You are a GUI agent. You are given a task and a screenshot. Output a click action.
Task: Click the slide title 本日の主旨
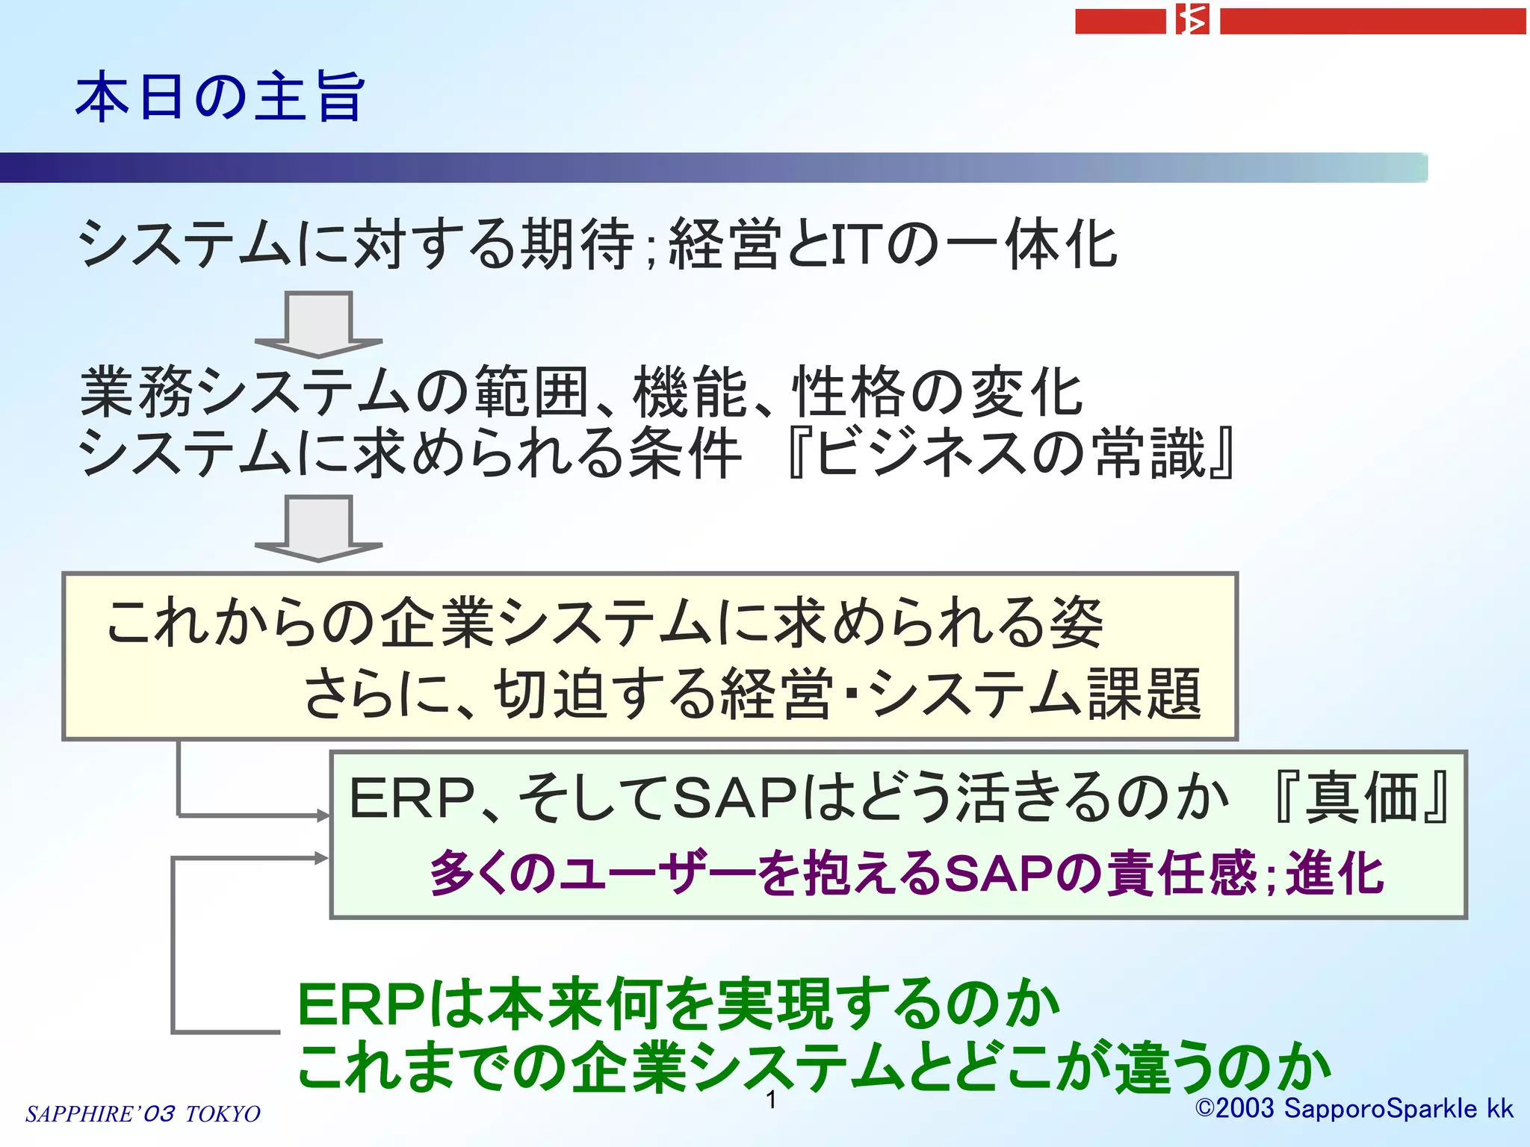[x=220, y=97]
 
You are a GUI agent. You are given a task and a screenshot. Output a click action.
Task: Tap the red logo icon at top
[x=1192, y=20]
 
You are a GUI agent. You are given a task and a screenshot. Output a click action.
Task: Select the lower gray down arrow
[x=318, y=529]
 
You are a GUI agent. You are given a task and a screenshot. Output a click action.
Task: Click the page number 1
[x=772, y=1099]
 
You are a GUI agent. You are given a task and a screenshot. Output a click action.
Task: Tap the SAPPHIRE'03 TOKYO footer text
[x=143, y=1113]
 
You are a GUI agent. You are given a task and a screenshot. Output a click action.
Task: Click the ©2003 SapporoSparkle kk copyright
[x=1354, y=1109]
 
